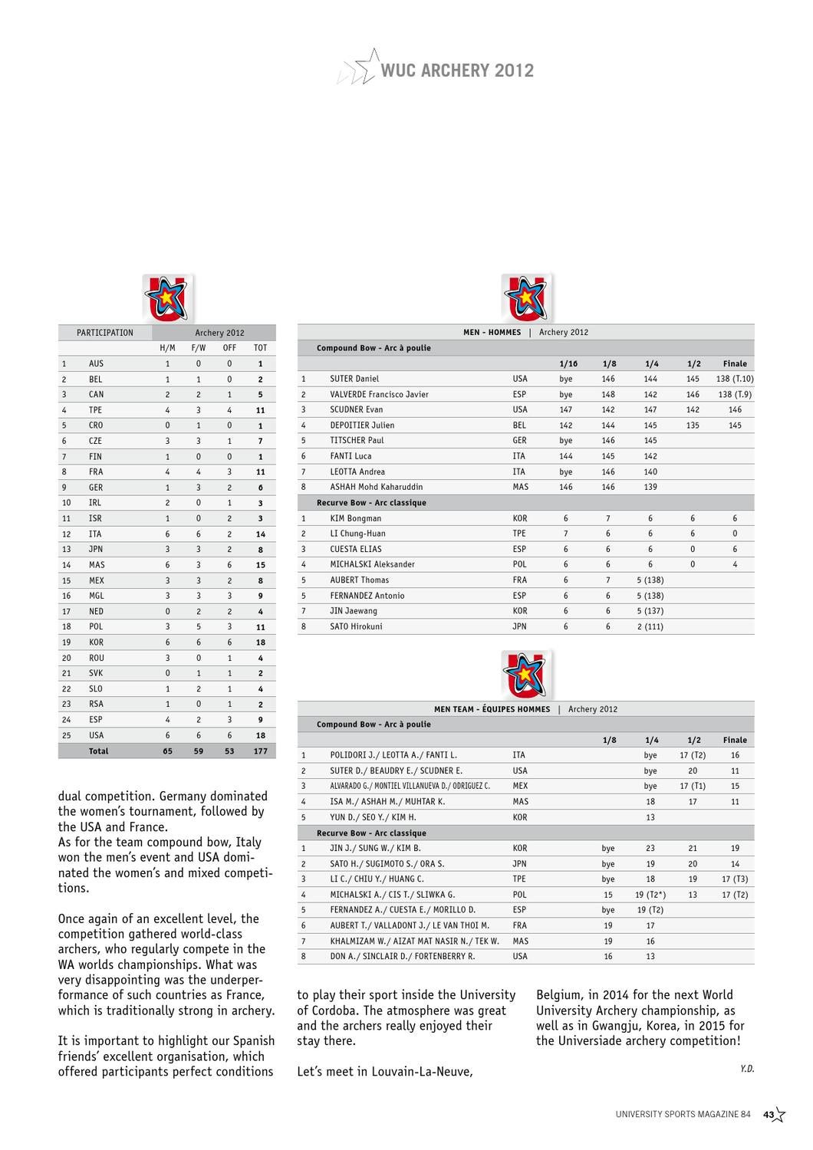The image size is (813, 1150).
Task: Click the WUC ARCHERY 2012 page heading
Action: pos(457,71)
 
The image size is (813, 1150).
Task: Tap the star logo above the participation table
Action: pos(166,298)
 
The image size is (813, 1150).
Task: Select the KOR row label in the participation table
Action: pos(96,642)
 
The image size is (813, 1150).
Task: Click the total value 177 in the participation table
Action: pos(261,751)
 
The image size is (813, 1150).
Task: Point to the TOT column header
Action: pos(260,348)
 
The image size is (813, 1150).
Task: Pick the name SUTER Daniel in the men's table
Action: pos(354,379)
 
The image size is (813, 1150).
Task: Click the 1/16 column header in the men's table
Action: pos(568,363)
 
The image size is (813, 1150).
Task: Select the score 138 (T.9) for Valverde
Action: pos(735,395)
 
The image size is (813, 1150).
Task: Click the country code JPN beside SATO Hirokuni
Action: pos(519,626)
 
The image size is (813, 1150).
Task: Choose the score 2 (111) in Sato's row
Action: pos(650,626)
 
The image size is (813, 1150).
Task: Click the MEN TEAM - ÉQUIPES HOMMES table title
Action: pos(492,709)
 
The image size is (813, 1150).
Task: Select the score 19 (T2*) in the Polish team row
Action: pos(650,895)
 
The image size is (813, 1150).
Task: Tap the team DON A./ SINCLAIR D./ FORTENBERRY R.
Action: pos(403,956)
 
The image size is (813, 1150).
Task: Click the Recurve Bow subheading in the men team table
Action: pos(371,833)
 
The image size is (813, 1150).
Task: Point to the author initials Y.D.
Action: pos(747,1068)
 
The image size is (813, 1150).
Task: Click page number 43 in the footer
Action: pos(768,1115)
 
